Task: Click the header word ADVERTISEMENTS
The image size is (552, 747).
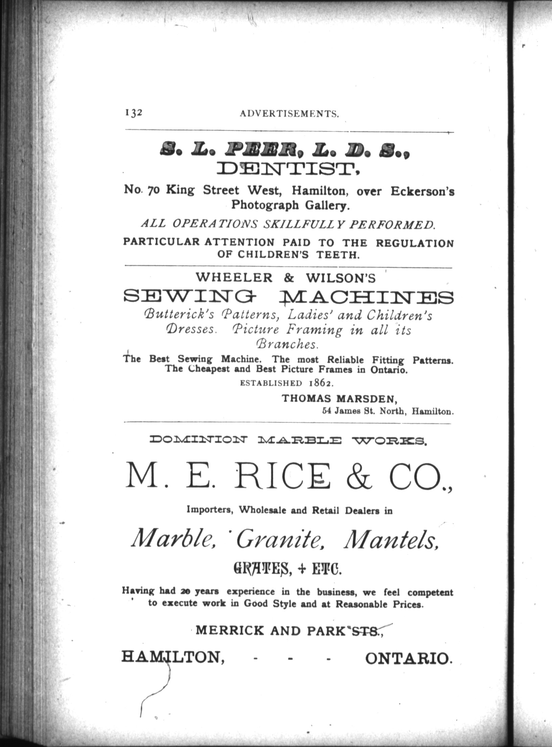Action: point(289,114)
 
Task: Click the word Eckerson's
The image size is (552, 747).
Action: point(422,191)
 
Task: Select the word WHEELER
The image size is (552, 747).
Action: point(234,278)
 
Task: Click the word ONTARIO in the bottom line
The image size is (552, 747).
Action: point(408,658)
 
